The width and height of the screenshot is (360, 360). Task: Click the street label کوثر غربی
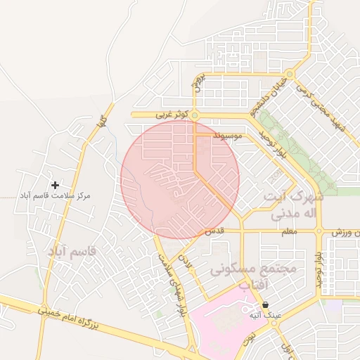(x=172, y=113)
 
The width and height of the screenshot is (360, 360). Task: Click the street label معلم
(x=288, y=231)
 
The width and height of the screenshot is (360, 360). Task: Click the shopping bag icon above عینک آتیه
(x=265, y=305)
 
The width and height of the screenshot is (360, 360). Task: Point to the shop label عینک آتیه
(x=265, y=316)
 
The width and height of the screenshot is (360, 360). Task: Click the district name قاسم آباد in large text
(x=72, y=250)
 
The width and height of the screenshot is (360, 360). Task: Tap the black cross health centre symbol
(x=55, y=184)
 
